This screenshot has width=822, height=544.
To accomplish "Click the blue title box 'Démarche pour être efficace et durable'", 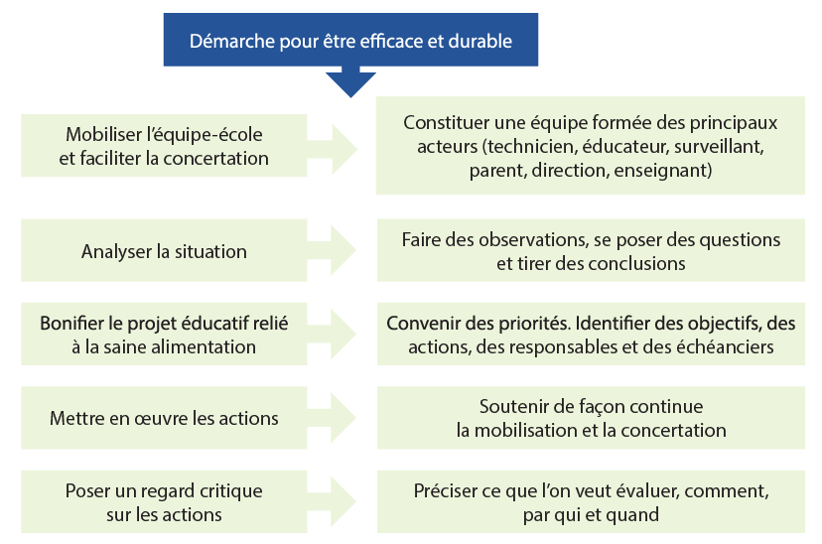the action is pos(350,40).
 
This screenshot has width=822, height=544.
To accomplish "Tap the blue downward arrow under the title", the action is pos(350,81).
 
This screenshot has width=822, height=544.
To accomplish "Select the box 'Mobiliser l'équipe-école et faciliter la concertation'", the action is pos(164,146).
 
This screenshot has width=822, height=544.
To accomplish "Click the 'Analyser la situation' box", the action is pos(164,250).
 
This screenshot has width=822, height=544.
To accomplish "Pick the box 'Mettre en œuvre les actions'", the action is pos(164,418).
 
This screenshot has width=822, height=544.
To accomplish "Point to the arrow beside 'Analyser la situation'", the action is pos(332,250).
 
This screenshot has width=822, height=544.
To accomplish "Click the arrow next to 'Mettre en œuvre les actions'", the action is pos(332,418).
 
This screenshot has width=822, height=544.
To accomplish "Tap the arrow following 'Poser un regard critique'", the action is pos(332,501).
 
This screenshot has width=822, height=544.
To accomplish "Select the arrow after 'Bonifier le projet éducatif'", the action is pos(332,334).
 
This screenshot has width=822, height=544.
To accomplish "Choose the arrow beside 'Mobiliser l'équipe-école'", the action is pos(332,149).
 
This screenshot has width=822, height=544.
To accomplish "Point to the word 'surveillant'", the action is pos(719,146).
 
